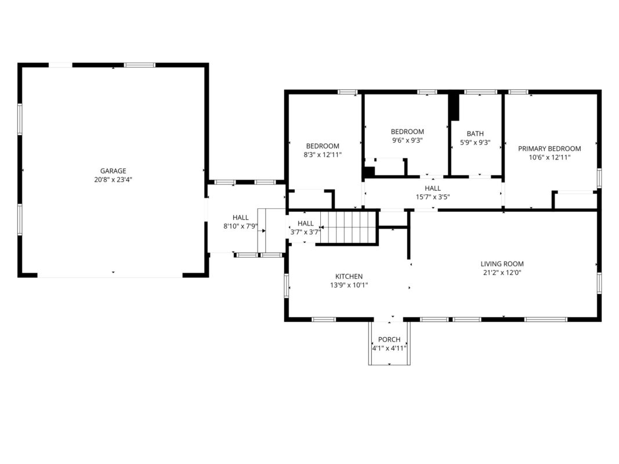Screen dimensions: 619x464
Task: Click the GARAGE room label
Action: pos(113,171)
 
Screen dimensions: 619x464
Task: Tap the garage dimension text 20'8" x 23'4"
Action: pos(113,180)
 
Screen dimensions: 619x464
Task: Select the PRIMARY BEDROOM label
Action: pos(549,148)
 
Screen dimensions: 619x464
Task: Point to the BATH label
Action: pos(475,134)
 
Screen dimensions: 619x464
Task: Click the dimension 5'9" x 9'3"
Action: pos(475,143)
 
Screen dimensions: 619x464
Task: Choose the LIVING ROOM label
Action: pos(502,263)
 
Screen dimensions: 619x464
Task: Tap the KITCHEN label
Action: pos(349,276)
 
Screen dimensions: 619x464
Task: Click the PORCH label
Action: pos(389,339)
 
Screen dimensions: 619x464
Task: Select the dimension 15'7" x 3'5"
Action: pos(433,197)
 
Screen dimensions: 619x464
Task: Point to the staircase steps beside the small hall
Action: pos(347,228)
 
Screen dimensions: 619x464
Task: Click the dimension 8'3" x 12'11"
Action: pos(323,155)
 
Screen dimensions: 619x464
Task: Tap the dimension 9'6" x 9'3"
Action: pos(407,140)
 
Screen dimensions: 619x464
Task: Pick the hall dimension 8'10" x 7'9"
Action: pos(240,226)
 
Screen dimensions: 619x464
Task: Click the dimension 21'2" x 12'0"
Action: pos(502,272)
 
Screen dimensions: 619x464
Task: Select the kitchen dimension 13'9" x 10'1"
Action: pos(349,285)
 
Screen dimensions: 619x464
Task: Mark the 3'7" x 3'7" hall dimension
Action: pos(305,232)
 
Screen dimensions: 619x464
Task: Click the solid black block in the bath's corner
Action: pos(454,107)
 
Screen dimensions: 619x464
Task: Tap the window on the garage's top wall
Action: pos(139,65)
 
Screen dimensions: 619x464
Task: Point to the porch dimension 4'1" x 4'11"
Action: pos(389,348)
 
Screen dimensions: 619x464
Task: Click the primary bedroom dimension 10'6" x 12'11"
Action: pos(549,157)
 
